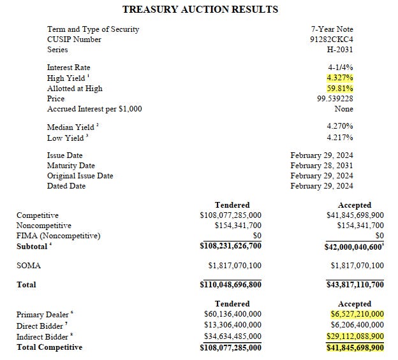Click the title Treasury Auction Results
click(200, 10)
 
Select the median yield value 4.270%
click(339, 127)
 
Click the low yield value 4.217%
click(339, 138)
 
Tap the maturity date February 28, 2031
click(321, 166)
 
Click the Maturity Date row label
click(71, 166)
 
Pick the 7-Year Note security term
click(332, 29)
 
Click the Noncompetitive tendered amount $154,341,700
click(230, 226)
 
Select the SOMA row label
click(28, 264)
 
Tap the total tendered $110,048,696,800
click(230, 285)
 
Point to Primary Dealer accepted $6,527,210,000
click(357, 314)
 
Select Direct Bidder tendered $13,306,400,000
click(230, 325)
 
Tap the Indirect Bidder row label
click(42, 336)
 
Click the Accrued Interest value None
click(344, 109)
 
